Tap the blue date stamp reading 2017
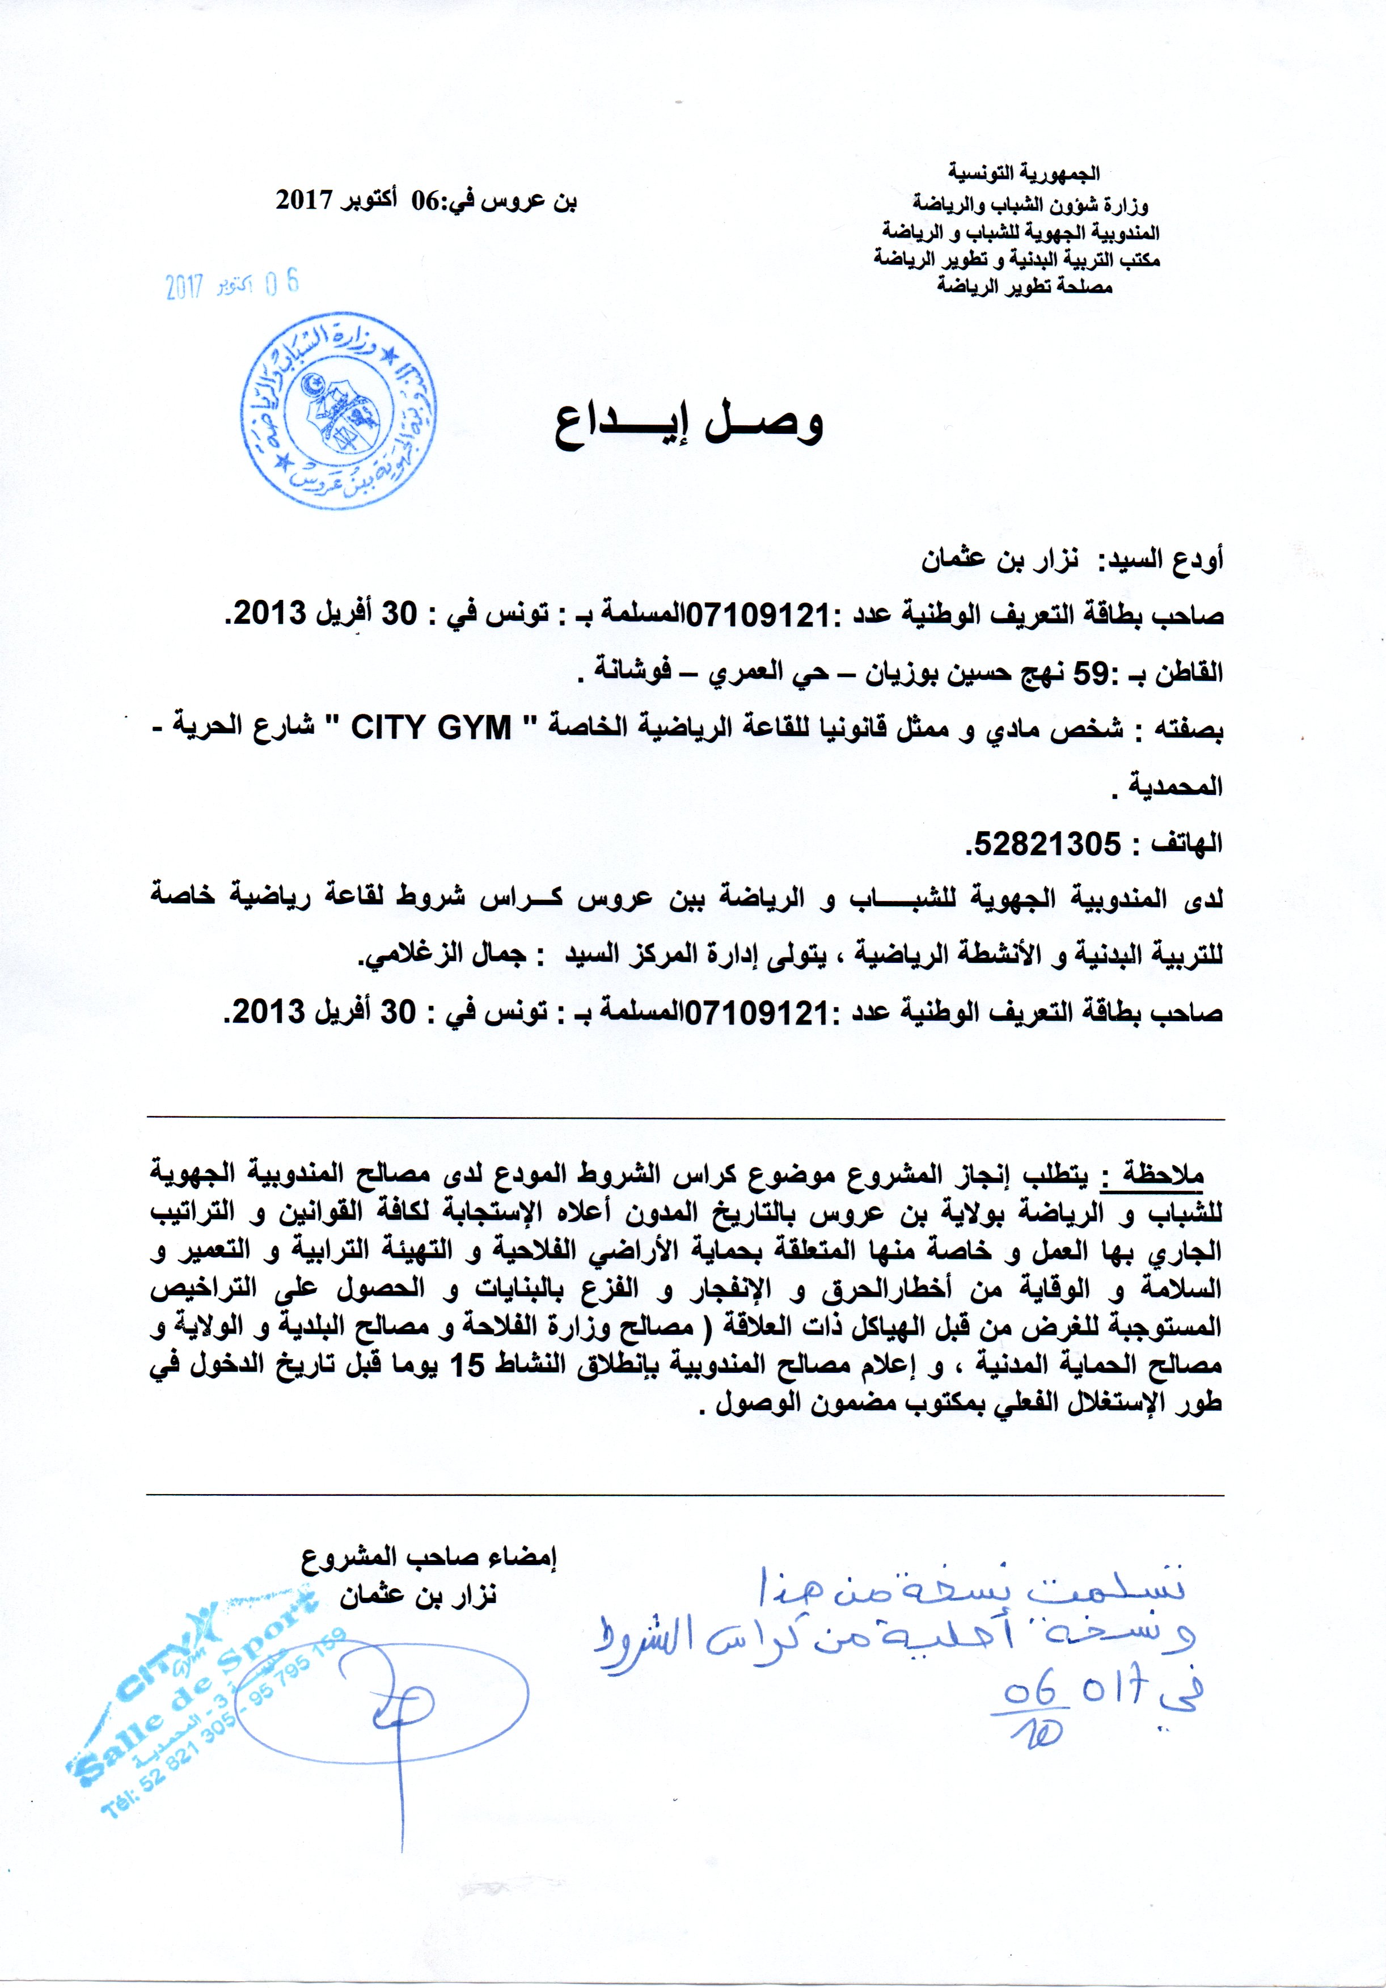pyautogui.click(x=231, y=285)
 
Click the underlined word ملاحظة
pyautogui.click(x=1162, y=1175)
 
